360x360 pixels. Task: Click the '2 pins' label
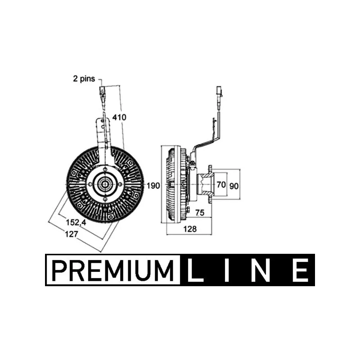coord(84,79)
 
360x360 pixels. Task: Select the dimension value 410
coord(119,117)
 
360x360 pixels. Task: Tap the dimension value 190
coord(153,185)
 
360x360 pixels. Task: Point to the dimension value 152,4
coord(76,222)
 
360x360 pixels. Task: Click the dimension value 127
coord(72,234)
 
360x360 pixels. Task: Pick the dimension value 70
coord(221,184)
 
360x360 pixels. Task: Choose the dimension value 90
coord(234,186)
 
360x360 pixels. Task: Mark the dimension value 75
coord(200,212)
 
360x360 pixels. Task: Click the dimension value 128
coord(190,229)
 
